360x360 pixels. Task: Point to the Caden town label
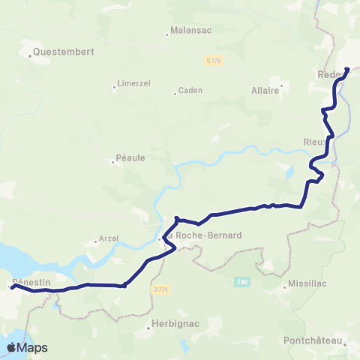pyautogui.click(x=190, y=92)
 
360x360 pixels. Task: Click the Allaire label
pyautogui.click(x=265, y=89)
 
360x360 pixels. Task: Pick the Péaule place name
pyautogui.click(x=130, y=157)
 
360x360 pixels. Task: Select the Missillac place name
pyautogui.click(x=309, y=285)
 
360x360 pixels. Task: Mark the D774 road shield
pyautogui.click(x=158, y=289)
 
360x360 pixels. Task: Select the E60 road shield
pyautogui.click(x=241, y=282)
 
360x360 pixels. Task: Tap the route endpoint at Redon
pyautogui.click(x=347, y=70)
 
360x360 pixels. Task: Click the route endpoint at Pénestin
pyautogui.click(x=13, y=286)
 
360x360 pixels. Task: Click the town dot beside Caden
pyautogui.click(x=175, y=94)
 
